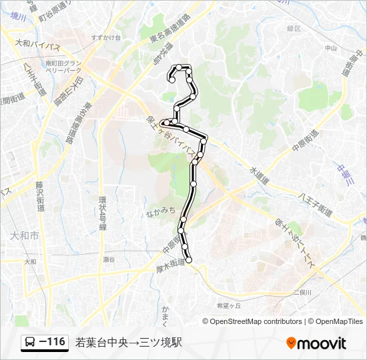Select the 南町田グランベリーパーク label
click(63, 67)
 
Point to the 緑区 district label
click(294, 29)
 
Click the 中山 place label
click(330, 48)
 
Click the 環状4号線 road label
click(103, 213)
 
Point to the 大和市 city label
click(25, 236)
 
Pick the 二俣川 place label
click(302, 293)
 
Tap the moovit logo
click(316, 343)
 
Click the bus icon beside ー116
click(31, 343)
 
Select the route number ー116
click(52, 343)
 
